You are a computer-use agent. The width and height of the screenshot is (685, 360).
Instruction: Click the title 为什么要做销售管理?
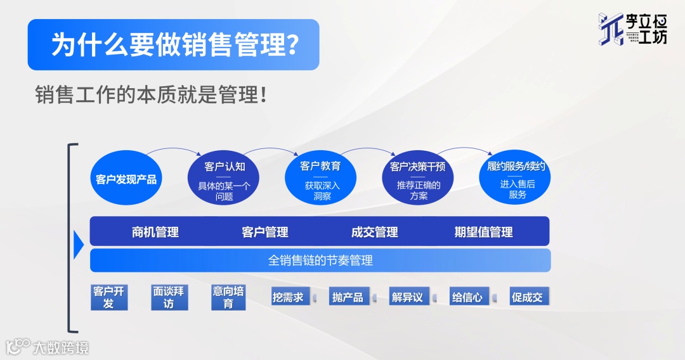pyautogui.click(x=173, y=44)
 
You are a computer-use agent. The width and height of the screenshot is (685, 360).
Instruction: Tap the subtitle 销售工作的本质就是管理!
pyautogui.click(x=150, y=95)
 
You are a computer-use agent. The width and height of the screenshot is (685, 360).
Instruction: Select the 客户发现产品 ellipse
pyautogui.click(x=126, y=179)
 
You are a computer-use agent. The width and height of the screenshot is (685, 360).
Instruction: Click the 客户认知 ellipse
pyautogui.click(x=225, y=179)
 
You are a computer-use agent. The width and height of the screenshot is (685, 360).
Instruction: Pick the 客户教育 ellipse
pyautogui.click(x=320, y=179)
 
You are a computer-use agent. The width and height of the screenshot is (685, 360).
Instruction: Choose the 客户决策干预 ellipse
pyautogui.click(x=418, y=179)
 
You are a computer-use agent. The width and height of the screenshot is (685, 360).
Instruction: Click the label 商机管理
pyautogui.click(x=155, y=232)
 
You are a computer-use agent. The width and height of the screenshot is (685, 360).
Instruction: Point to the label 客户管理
pyautogui.click(x=265, y=232)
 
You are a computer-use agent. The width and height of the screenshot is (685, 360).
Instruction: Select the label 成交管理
pyautogui.click(x=374, y=232)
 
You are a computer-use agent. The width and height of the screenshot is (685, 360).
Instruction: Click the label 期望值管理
pyautogui.click(x=483, y=232)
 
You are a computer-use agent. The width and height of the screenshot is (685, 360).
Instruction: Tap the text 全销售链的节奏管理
pyautogui.click(x=320, y=260)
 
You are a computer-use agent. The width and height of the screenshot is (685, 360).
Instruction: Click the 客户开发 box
pyautogui.click(x=108, y=297)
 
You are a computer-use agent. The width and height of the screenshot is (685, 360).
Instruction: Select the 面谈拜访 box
pyautogui.click(x=169, y=297)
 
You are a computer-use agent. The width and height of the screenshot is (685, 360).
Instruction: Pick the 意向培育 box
pyautogui.click(x=228, y=297)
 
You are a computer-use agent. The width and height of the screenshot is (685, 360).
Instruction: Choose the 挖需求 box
pyautogui.click(x=289, y=297)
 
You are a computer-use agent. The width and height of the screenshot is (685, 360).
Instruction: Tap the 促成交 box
pyautogui.click(x=528, y=297)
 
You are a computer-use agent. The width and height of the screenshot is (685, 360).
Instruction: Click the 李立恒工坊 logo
pyautogui.click(x=632, y=29)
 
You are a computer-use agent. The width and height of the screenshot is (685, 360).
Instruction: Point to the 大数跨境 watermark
pyautogui.click(x=48, y=347)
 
